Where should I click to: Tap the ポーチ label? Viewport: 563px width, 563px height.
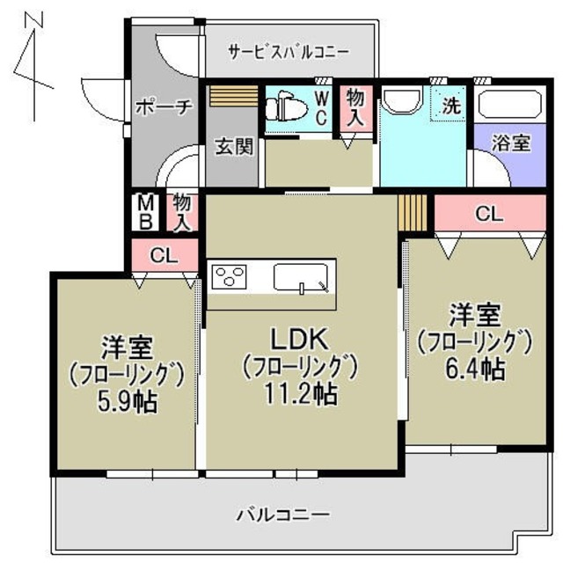(165, 107)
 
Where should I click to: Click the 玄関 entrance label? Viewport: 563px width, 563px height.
(234, 146)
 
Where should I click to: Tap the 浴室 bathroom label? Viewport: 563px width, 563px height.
(510, 142)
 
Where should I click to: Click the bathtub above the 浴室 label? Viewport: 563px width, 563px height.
(510, 106)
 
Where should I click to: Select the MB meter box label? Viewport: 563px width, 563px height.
(143, 211)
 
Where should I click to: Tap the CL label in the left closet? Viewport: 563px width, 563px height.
(164, 256)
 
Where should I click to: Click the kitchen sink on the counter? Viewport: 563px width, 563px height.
(301, 278)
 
